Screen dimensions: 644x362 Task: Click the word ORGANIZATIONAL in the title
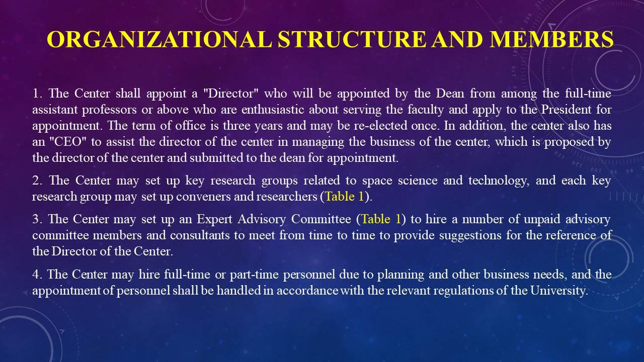point(159,39)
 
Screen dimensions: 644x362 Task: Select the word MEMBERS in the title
point(552,39)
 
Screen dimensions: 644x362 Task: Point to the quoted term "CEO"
point(68,142)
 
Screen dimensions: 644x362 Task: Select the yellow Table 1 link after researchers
point(345,197)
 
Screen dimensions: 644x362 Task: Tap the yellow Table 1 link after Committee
point(381,219)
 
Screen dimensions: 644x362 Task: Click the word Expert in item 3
point(214,219)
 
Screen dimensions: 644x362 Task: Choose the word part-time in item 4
point(254,275)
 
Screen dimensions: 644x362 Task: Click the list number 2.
point(37,180)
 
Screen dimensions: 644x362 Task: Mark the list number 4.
point(37,275)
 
